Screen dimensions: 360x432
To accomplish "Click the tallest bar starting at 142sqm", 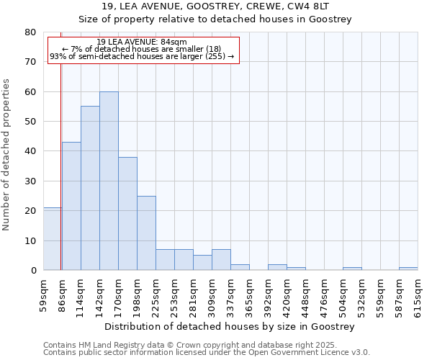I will click(109, 181).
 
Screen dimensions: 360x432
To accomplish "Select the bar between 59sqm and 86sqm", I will click(52, 239).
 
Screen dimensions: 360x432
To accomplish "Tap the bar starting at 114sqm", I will click(90, 188).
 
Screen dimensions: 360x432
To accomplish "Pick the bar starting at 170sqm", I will click(127, 213).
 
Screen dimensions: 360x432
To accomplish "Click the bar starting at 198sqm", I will click(146, 233).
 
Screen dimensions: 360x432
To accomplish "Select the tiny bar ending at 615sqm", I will click(408, 269).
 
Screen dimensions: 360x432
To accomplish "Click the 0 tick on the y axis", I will click(33, 270).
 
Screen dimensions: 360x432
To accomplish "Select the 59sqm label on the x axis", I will click(43, 293).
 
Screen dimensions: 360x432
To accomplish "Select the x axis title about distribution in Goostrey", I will click(230, 326).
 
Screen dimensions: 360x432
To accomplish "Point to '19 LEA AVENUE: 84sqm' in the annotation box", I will click(142, 42).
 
